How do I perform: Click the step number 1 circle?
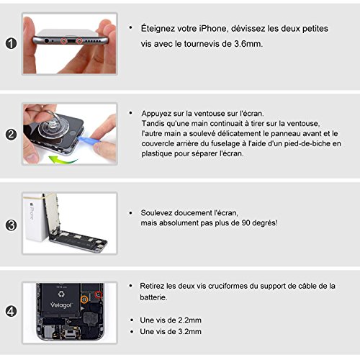[11, 43]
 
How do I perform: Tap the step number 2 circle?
[11, 135]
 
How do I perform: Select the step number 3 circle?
[11, 225]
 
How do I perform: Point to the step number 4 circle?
[11, 312]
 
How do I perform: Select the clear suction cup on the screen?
[51, 127]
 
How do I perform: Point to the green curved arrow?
[63, 159]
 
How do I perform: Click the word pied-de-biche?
[307, 143]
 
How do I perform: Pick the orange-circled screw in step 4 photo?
[84, 300]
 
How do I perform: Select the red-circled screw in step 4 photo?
[99, 294]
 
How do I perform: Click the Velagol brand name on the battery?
[61, 305]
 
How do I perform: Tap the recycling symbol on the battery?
[61, 294]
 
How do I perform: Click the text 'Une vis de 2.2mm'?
[171, 320]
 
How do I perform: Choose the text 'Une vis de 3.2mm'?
[171, 331]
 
